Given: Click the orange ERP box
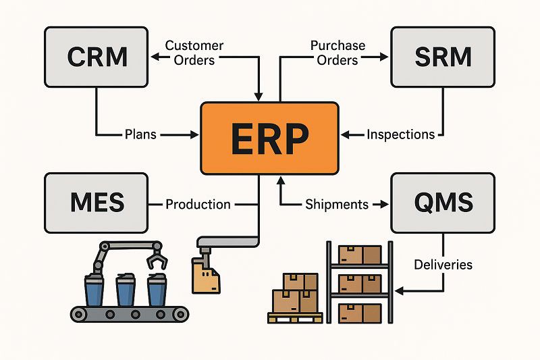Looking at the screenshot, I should point(269,138).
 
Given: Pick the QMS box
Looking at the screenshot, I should point(442,203).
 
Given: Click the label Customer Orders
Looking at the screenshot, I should point(194,53).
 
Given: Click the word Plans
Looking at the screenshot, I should point(140,134).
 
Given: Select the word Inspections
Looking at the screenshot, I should point(400,134).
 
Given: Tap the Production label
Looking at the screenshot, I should point(198,204).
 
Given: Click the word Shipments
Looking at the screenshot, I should point(337,204).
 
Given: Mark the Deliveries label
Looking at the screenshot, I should point(443,264).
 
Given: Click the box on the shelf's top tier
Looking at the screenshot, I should point(360,255).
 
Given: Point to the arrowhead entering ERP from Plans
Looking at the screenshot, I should point(195,134).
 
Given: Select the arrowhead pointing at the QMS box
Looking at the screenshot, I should point(387,204).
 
